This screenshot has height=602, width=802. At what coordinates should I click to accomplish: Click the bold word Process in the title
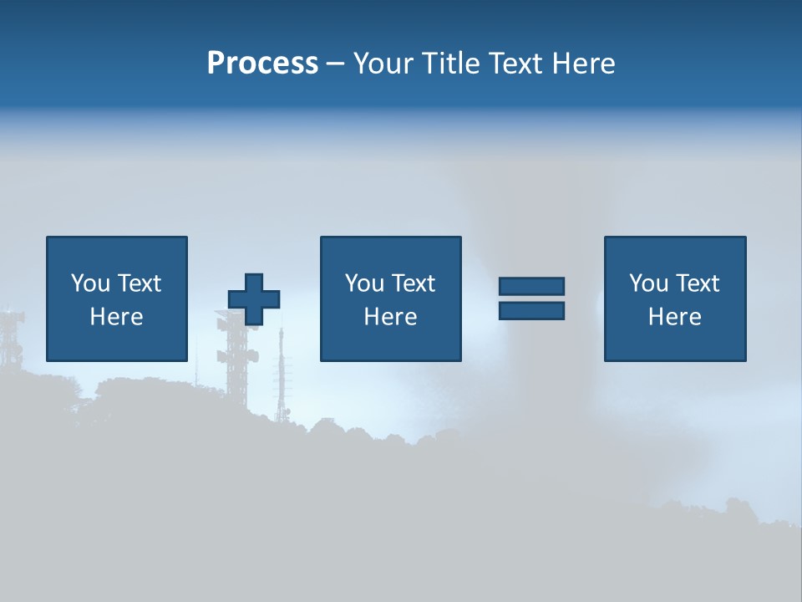pyautogui.click(x=262, y=64)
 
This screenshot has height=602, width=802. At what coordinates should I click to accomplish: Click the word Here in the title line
pyautogui.click(x=584, y=64)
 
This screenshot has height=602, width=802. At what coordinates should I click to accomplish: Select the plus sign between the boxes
pyautogui.click(x=254, y=299)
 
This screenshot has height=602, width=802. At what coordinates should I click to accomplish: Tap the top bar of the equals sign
pyautogui.click(x=531, y=287)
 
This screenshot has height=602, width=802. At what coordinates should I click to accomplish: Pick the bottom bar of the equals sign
pyautogui.click(x=531, y=310)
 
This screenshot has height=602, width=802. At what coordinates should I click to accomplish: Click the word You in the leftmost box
pyautogui.click(x=90, y=283)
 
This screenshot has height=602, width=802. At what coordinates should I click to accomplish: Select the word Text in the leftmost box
pyautogui.click(x=138, y=283)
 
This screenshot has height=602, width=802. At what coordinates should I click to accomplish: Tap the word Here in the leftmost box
pyautogui.click(x=116, y=317)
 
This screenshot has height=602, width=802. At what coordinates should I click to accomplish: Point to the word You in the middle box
pyautogui.click(x=364, y=283)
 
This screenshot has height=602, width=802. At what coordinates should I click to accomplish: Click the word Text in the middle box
pyautogui.click(x=412, y=283)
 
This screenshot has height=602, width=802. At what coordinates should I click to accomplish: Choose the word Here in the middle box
pyautogui.click(x=390, y=317)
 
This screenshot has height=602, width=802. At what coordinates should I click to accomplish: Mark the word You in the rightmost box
pyautogui.click(x=648, y=283)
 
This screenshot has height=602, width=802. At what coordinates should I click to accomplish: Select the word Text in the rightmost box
pyautogui.click(x=696, y=283)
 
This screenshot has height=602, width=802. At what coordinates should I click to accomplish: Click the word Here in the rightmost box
pyautogui.click(x=674, y=317)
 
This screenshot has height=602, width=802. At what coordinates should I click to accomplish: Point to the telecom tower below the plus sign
pyautogui.click(x=235, y=360)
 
